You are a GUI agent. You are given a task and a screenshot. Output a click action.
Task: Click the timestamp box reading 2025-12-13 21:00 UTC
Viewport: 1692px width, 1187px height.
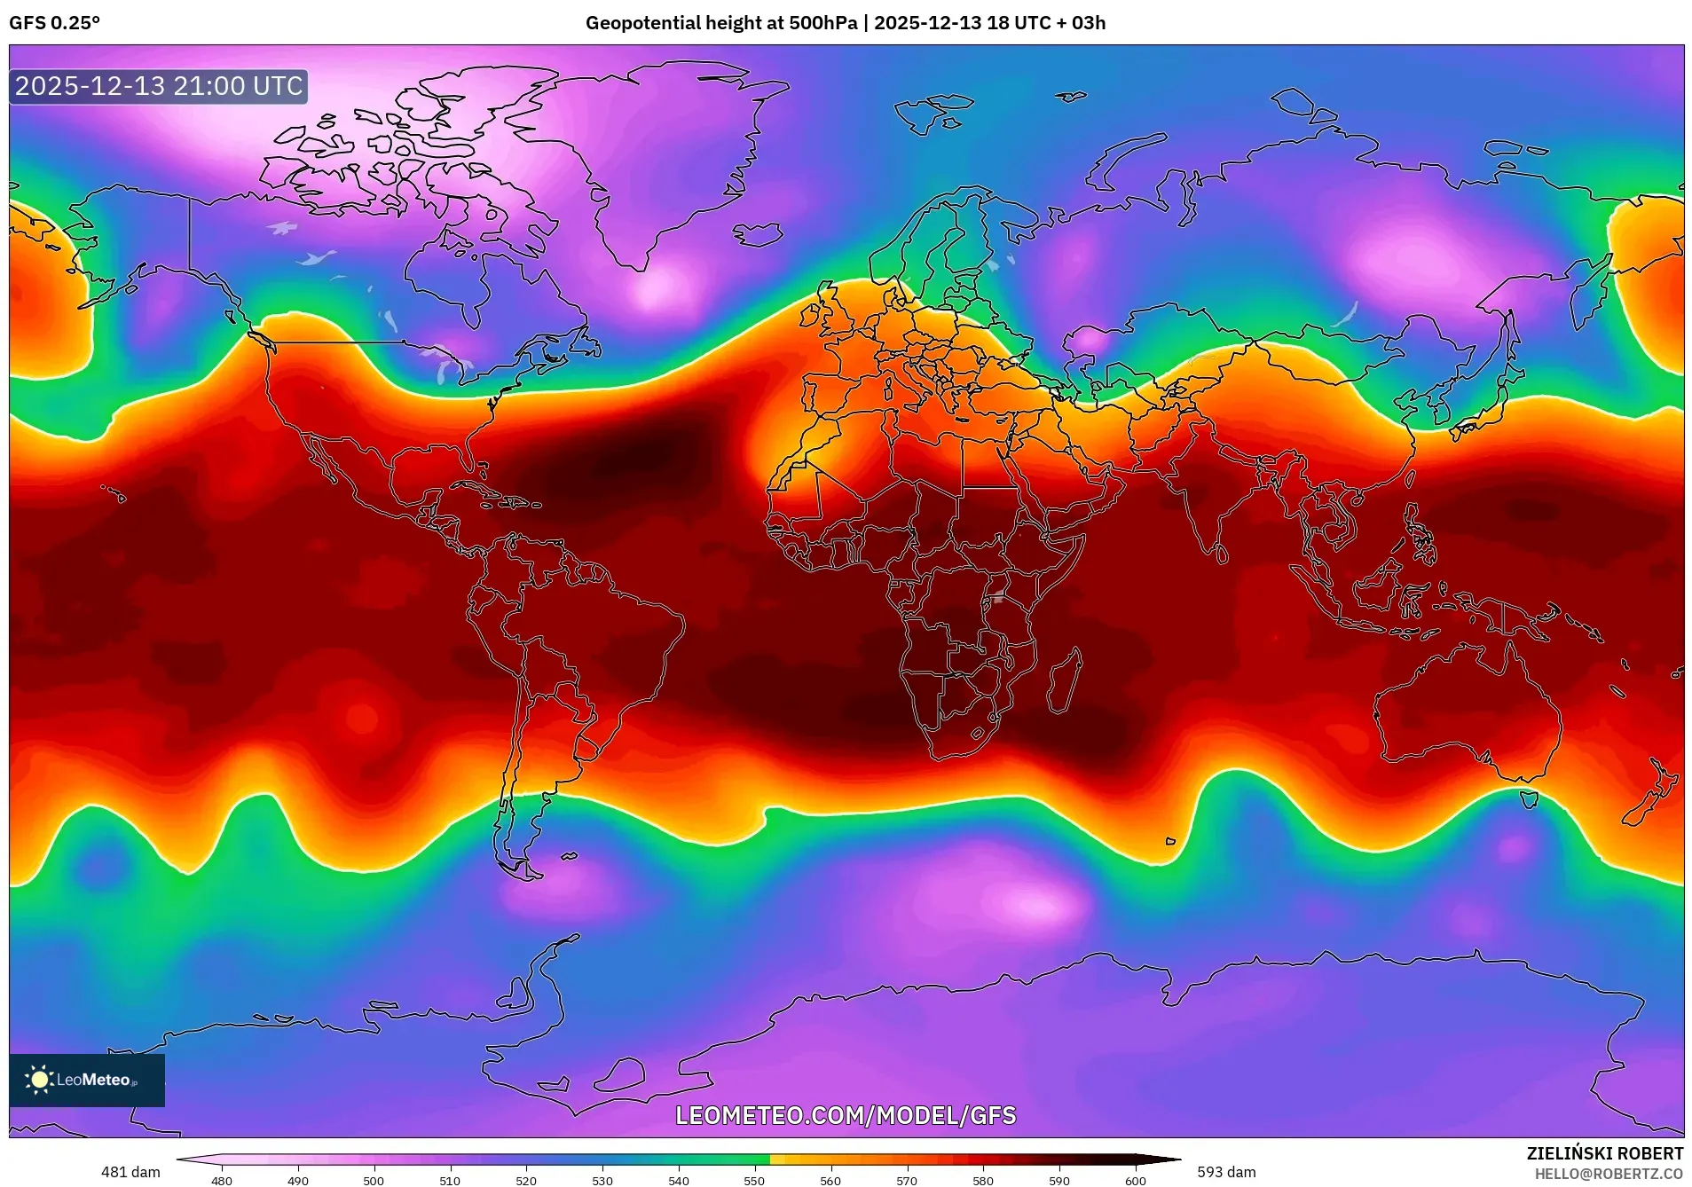click(x=159, y=86)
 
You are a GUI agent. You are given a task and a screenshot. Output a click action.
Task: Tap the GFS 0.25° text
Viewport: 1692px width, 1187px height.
click(x=55, y=23)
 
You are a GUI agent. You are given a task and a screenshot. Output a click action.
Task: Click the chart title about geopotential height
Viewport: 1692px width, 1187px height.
click(x=845, y=23)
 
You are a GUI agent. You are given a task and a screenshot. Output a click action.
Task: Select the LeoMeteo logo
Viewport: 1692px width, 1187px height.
click(x=87, y=1080)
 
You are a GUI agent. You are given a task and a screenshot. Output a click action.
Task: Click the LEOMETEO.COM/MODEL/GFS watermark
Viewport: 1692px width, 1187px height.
click(x=846, y=1115)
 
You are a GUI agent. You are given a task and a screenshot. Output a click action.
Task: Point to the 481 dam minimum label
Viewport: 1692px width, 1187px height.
click(x=130, y=1172)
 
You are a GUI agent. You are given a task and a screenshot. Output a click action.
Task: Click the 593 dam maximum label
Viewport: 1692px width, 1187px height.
click(x=1226, y=1172)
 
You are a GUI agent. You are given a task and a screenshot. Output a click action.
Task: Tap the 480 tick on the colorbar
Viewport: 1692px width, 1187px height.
click(x=222, y=1180)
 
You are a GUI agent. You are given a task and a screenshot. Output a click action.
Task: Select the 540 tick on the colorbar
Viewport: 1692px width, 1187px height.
click(x=679, y=1180)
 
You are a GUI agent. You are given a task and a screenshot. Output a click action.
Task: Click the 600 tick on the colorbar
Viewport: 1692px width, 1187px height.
click(x=1136, y=1180)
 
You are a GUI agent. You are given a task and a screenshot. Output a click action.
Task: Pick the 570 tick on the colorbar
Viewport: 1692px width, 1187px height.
click(x=907, y=1180)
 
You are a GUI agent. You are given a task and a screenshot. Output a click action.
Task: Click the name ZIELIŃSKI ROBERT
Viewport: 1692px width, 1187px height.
click(x=1604, y=1153)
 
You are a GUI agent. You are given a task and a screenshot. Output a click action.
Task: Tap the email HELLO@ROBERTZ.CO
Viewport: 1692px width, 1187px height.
click(x=1609, y=1174)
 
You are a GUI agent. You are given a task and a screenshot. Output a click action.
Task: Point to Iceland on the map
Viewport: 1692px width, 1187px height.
click(x=759, y=234)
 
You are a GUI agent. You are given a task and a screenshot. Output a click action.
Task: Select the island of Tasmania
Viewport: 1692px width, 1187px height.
click(x=1529, y=798)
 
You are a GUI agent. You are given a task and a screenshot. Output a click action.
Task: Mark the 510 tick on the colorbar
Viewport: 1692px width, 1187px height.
click(x=450, y=1180)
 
